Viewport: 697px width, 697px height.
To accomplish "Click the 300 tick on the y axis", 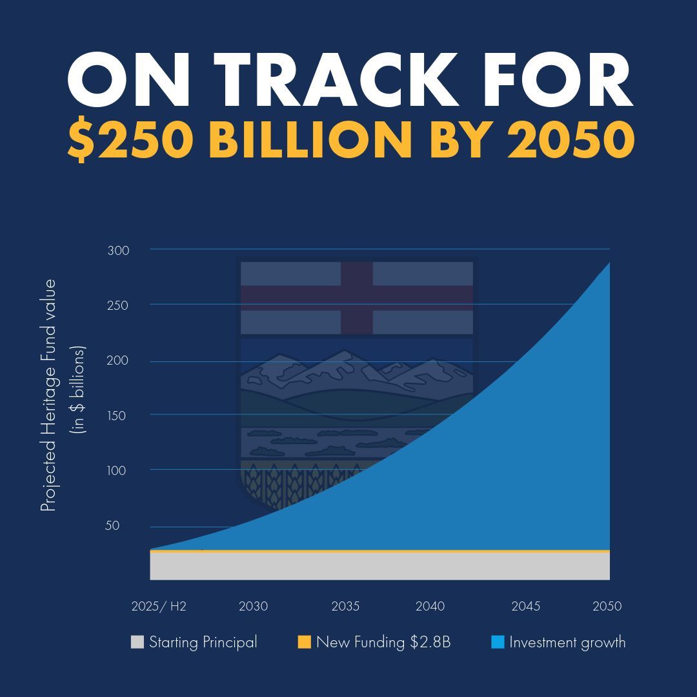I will [118, 250].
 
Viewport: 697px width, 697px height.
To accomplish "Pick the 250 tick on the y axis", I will [118, 305].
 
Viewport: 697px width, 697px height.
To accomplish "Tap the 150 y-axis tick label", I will [117, 416].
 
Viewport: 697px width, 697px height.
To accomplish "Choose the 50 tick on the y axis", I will [112, 525].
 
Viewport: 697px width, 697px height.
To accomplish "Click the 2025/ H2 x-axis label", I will [159, 607].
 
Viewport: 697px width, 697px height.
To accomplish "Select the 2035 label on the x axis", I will [345, 607].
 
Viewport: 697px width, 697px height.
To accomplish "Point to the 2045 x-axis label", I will [526, 607].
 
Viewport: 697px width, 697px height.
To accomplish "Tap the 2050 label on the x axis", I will [607, 607].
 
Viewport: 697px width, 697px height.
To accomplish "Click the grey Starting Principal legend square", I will [137, 642].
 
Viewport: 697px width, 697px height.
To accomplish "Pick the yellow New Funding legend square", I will [305, 642].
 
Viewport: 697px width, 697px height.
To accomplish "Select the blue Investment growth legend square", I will [498, 642].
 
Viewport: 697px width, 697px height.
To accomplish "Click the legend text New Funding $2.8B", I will [383, 642].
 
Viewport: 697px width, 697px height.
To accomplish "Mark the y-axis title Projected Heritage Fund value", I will [49, 396].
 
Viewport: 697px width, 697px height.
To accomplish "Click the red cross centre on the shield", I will [357, 298].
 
